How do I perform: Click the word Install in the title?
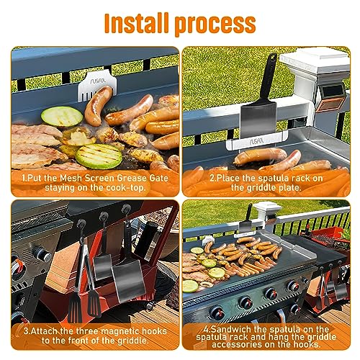click(x=136, y=23)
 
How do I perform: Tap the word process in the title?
click(x=215, y=25)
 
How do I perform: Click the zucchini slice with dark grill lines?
click(x=99, y=156)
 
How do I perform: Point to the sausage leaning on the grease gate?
click(x=99, y=106)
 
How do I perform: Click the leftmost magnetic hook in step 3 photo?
click(x=81, y=224)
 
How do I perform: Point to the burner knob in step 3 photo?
click(x=44, y=254)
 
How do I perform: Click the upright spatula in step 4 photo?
click(x=246, y=220)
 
